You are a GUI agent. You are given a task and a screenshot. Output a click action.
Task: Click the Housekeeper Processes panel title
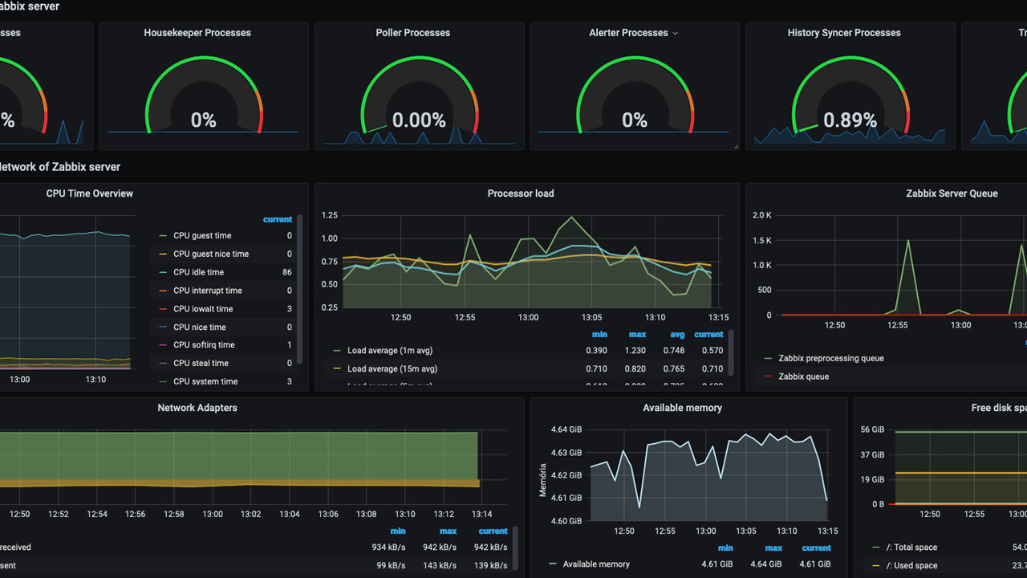click(197, 33)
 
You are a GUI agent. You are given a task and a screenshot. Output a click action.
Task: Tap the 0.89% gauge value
click(850, 120)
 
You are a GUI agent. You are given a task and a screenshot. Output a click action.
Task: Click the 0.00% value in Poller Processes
click(419, 120)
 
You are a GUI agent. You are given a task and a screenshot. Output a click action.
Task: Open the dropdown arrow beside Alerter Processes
click(675, 34)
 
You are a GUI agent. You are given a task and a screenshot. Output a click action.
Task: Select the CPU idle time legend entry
click(198, 272)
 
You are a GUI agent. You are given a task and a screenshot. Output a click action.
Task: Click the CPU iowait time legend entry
click(203, 309)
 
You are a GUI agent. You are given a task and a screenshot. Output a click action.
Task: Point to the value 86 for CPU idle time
click(287, 272)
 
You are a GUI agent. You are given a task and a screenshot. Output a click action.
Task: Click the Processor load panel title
click(521, 193)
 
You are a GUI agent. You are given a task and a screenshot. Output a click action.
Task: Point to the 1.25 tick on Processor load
click(329, 215)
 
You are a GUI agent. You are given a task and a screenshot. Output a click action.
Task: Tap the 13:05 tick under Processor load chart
click(591, 317)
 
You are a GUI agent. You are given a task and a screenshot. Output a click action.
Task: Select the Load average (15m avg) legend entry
click(392, 369)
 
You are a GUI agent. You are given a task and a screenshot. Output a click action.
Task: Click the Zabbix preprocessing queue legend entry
click(830, 359)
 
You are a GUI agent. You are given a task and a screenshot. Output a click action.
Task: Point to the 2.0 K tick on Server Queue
click(761, 215)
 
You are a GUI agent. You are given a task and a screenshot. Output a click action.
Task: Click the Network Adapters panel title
click(197, 408)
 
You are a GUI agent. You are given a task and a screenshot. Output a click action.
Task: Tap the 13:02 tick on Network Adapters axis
click(251, 515)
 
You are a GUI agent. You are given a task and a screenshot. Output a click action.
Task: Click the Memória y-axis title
click(543, 478)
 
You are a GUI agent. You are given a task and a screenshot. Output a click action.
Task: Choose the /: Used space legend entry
click(911, 566)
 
